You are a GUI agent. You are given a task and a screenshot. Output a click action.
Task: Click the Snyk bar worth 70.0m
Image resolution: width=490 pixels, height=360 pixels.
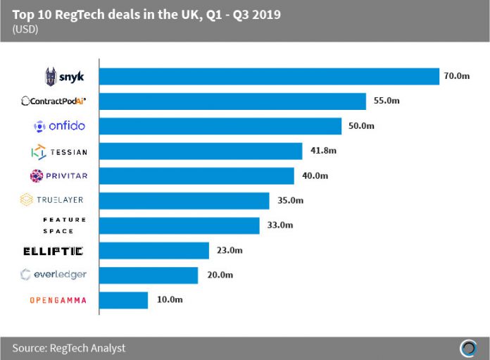(x=270, y=77)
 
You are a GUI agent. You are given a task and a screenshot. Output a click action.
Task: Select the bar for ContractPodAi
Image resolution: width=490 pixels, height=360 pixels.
(x=232, y=101)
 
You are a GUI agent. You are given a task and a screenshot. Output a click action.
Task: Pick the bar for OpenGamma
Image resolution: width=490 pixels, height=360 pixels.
(x=124, y=300)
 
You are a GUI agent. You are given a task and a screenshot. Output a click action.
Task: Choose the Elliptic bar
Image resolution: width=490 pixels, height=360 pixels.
(x=154, y=251)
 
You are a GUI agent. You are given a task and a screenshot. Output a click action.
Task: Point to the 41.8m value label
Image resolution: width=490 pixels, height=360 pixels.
(x=320, y=151)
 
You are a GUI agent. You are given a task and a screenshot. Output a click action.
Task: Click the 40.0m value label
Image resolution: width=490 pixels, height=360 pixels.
(x=313, y=176)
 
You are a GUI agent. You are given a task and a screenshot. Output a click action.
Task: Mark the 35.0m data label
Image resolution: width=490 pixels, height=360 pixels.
(x=288, y=201)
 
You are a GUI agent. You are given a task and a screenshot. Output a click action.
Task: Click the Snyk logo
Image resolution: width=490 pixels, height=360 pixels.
(x=65, y=76)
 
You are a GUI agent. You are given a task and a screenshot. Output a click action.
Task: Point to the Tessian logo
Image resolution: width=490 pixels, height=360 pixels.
(x=59, y=151)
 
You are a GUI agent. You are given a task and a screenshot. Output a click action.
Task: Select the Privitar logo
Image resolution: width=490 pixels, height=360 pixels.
(x=59, y=175)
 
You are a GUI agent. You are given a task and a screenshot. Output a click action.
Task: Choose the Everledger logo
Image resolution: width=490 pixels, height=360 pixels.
(x=54, y=275)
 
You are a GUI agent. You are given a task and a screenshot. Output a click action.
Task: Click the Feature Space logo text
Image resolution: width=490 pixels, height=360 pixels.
(x=64, y=225)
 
